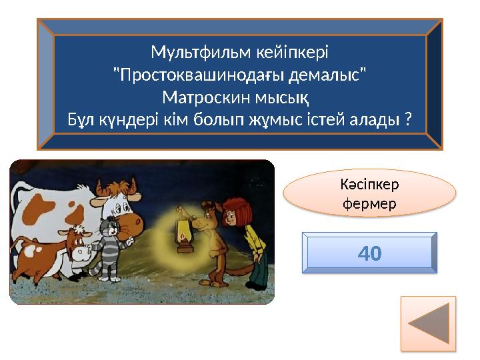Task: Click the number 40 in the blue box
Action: click(369, 253)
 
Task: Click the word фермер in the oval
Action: click(369, 203)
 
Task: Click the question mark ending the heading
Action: click(407, 121)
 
